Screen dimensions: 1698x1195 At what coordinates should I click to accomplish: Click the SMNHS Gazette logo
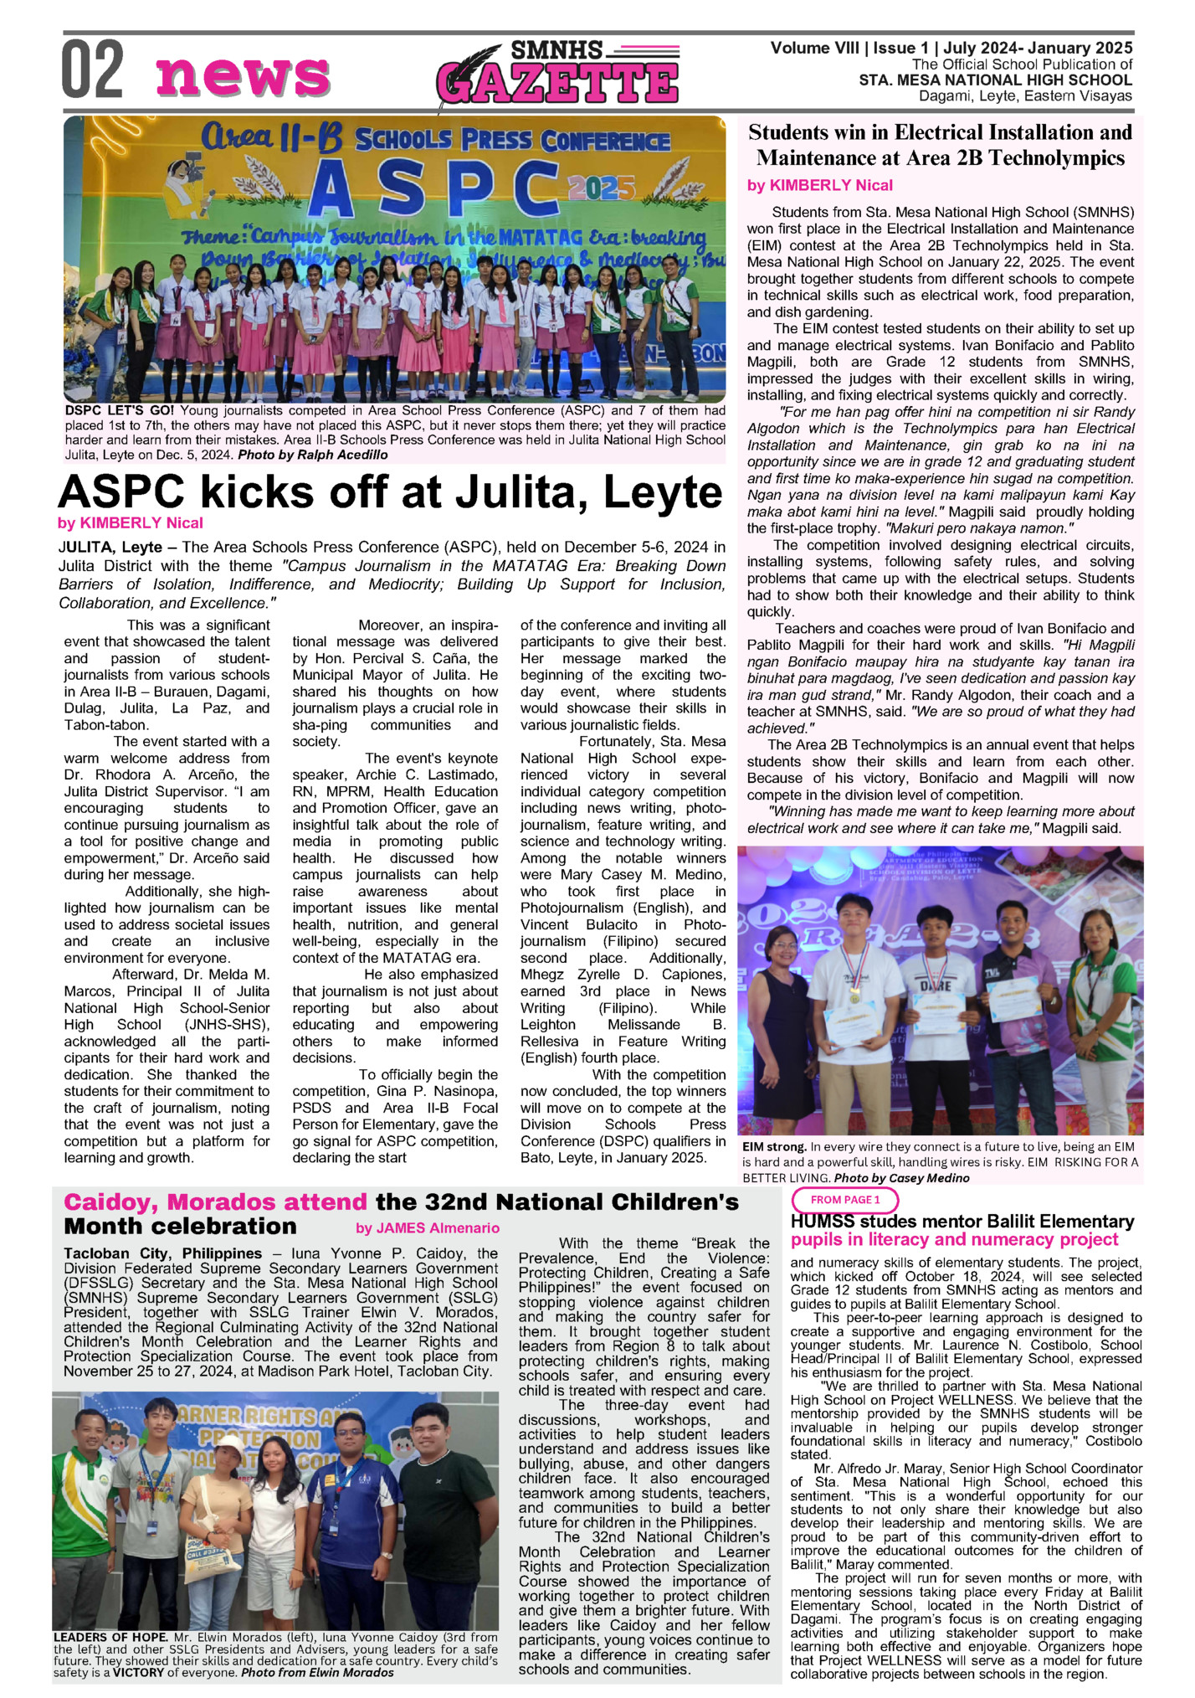(x=557, y=75)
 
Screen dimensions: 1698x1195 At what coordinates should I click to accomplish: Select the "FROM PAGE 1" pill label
(x=845, y=1200)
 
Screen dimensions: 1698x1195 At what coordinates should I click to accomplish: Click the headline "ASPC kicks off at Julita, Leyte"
(x=389, y=493)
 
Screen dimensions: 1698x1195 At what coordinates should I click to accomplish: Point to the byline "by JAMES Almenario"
(x=427, y=1228)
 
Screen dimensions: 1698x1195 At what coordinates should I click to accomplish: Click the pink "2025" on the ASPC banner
(x=596, y=188)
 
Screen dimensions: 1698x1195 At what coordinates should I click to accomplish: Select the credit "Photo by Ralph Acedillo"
(x=313, y=455)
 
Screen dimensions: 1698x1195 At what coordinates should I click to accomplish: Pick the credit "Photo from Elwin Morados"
(x=319, y=1673)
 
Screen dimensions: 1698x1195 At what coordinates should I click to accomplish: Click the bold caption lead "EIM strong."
(x=774, y=1146)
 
